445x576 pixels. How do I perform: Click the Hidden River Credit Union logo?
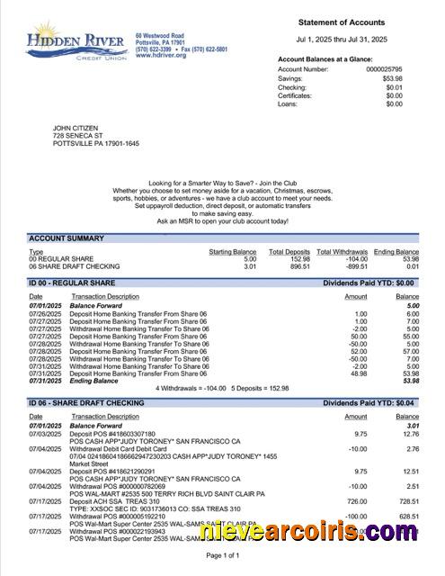click(x=77, y=42)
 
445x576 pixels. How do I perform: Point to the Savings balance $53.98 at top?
click(x=390, y=77)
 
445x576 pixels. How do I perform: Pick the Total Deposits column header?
click(x=290, y=253)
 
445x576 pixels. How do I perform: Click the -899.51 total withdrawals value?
click(x=343, y=266)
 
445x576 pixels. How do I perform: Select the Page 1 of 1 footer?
click(x=223, y=556)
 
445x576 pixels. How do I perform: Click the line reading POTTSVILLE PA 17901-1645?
click(x=96, y=143)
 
